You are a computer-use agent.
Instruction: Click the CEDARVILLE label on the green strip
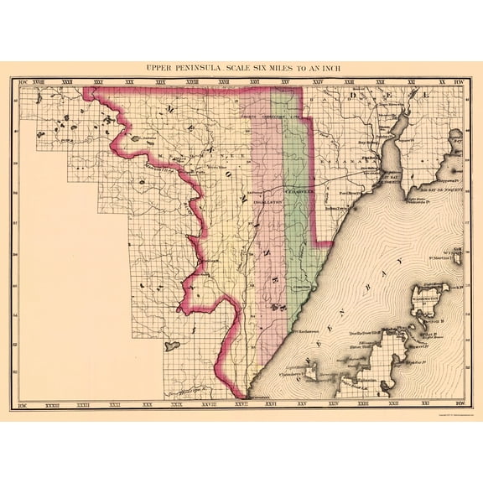pyautogui.click(x=298, y=191)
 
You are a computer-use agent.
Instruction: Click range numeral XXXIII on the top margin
pyautogui.click(x=39, y=82)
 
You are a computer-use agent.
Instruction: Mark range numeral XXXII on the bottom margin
pyautogui.click(x=82, y=404)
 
